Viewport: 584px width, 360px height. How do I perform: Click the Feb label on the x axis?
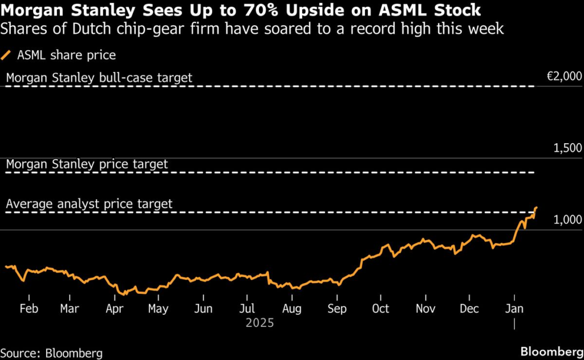(x=29, y=309)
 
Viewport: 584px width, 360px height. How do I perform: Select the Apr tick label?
(x=116, y=309)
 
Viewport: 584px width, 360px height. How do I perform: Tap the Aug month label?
(x=292, y=309)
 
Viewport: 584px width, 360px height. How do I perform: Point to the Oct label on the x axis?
(x=380, y=309)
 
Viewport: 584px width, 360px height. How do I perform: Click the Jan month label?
(x=514, y=309)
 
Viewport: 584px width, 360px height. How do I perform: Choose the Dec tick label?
(x=469, y=309)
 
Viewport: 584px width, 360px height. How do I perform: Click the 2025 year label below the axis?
(x=259, y=323)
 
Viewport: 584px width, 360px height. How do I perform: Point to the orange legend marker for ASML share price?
(x=7, y=55)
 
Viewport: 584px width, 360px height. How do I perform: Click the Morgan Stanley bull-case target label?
(x=99, y=78)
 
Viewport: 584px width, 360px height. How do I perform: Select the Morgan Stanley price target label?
(x=87, y=164)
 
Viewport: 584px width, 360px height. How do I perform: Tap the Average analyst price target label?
(x=89, y=204)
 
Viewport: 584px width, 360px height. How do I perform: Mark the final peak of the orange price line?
(x=537, y=208)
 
